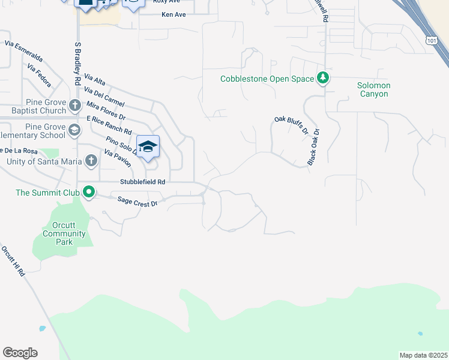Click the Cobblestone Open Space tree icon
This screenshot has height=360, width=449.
click(323, 79)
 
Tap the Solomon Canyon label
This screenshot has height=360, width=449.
click(373, 89)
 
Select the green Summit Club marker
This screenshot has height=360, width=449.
click(89, 193)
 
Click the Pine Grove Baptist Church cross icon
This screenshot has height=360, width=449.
click(75, 106)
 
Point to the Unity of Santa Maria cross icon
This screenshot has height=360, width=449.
click(91, 161)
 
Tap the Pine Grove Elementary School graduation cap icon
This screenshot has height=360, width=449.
click(74, 130)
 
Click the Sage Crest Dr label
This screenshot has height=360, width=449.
click(137, 202)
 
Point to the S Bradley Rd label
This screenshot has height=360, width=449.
click(77, 63)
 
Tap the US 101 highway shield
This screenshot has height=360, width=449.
click(431, 40)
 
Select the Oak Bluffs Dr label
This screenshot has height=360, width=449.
click(291, 125)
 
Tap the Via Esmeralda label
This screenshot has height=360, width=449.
click(23, 52)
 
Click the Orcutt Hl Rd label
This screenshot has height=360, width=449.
click(13, 261)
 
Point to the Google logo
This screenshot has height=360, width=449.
click(20, 353)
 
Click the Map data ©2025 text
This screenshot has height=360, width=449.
click(423, 355)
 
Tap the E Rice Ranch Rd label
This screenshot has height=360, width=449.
click(109, 124)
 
